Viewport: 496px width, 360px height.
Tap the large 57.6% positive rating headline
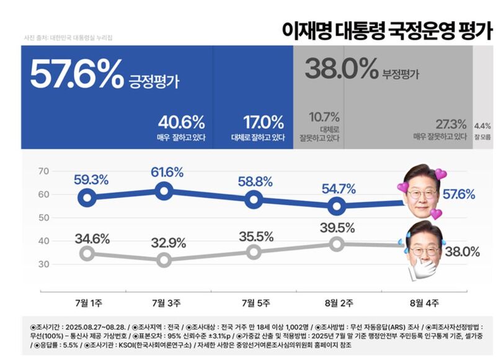pos(76,75)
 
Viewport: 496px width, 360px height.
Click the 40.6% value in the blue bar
pos(181,121)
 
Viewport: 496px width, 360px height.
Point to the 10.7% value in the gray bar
pos(324,116)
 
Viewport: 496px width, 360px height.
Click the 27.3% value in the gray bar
pos(450,123)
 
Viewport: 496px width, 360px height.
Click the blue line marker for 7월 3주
pos(164,191)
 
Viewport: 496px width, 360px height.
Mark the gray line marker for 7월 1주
pos(88,253)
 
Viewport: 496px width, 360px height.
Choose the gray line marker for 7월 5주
pos(253,252)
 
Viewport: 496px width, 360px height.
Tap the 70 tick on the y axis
pos(43,171)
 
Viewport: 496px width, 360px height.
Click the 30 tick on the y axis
pos(43,264)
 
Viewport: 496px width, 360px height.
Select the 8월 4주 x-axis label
pos(425,303)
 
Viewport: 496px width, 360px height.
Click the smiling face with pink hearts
pos(422,191)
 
